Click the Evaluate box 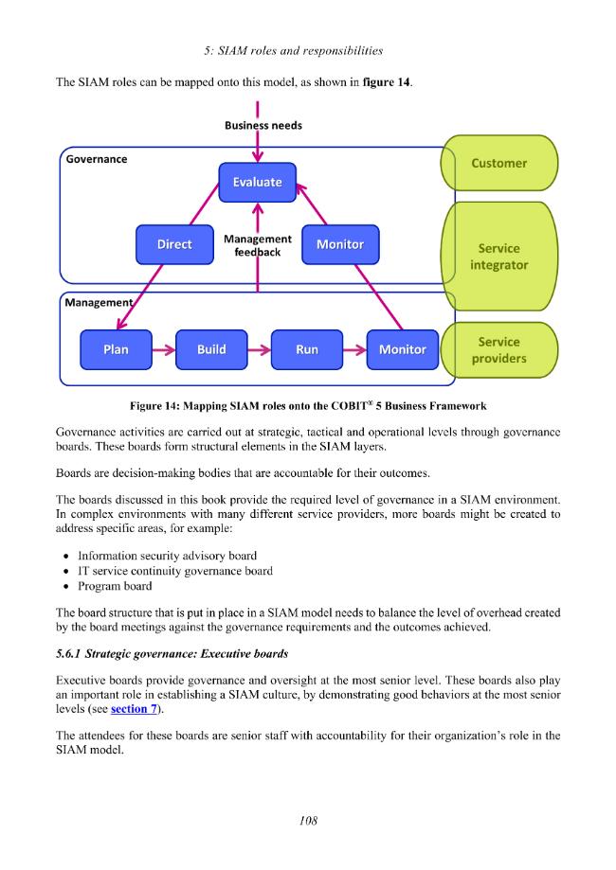point(257,182)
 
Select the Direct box point(174,244)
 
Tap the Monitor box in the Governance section point(340,244)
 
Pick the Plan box point(116,349)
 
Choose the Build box point(211,349)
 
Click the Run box point(307,349)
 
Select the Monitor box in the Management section point(403,349)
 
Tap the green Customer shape point(499,163)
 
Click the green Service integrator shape point(499,257)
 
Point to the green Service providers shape point(499,350)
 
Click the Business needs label point(263,125)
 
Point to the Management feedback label point(257,245)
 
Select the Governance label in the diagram point(97,159)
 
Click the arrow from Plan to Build point(164,349)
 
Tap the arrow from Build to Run point(260,349)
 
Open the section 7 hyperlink point(134,709)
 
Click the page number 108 point(308,821)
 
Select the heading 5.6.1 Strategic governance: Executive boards point(172,653)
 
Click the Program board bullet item point(115,586)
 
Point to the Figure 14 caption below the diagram point(308,405)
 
